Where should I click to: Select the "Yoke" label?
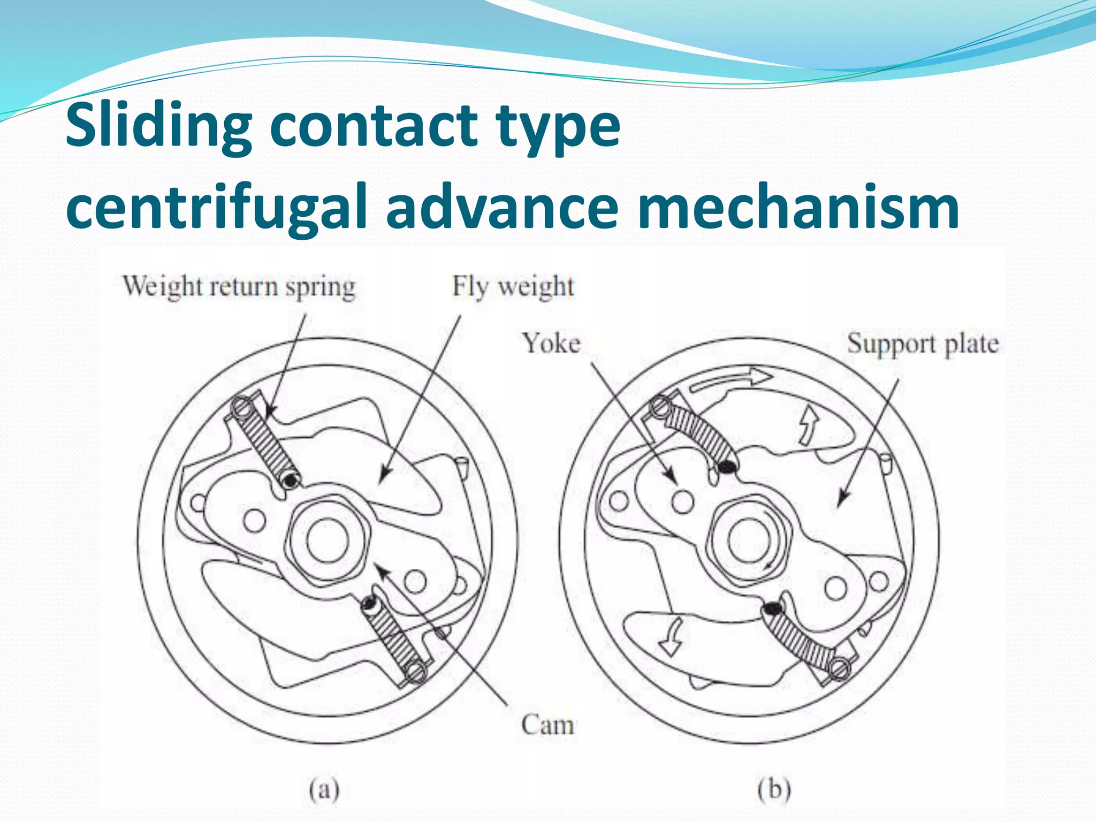[x=551, y=343]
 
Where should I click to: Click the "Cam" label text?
[x=547, y=725]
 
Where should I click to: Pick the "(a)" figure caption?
[x=324, y=789]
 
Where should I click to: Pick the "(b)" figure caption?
[x=774, y=789]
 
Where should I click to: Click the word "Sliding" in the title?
[x=158, y=127]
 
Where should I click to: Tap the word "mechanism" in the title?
[x=798, y=208]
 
